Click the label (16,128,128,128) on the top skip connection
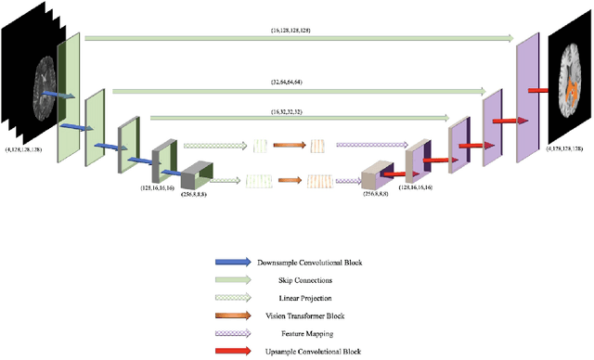297,32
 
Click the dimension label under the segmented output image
568,148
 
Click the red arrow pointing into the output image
539,91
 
